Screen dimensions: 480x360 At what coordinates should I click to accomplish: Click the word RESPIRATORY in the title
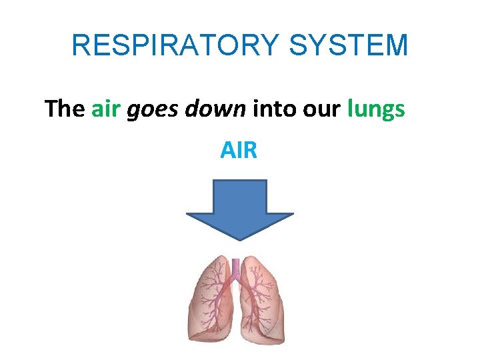coord(174,45)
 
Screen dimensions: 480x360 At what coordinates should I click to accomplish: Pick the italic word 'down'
coord(215,108)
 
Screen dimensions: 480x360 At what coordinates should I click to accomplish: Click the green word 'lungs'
coord(376,109)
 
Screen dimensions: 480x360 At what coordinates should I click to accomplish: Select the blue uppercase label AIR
coord(239,151)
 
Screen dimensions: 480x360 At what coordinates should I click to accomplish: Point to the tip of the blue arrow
coord(239,238)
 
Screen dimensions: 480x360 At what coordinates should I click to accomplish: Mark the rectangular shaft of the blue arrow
coord(239,196)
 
